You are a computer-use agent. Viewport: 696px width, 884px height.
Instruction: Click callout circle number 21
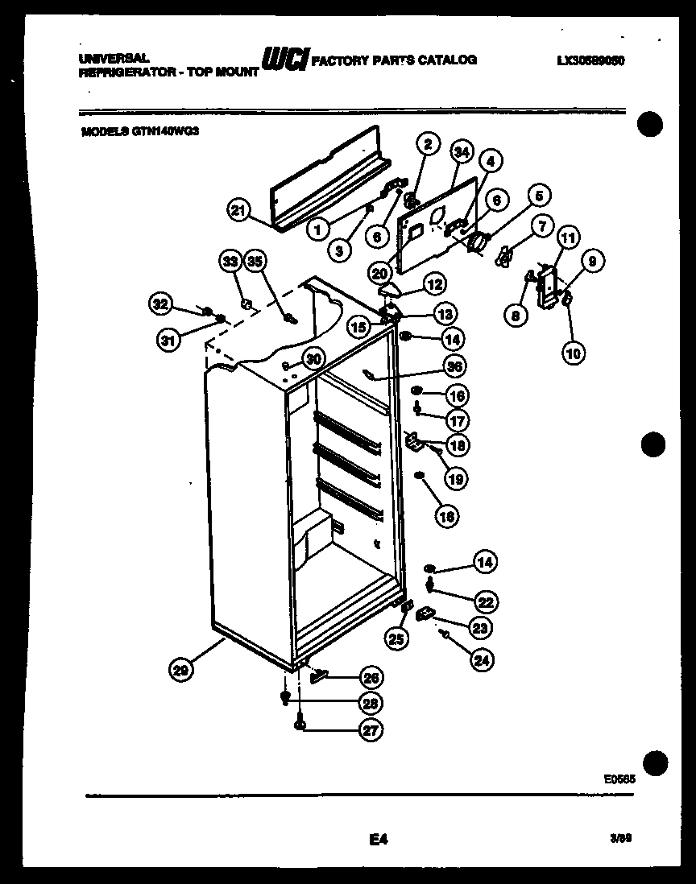click(237, 212)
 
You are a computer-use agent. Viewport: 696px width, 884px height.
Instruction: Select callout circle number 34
click(461, 151)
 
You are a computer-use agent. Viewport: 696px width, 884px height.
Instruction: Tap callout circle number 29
click(181, 669)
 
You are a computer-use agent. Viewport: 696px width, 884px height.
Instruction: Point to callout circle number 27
click(371, 730)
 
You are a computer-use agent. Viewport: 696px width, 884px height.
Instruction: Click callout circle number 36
click(457, 366)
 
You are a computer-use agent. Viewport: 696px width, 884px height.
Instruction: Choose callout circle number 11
click(568, 238)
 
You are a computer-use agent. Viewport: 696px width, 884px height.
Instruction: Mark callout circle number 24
click(481, 661)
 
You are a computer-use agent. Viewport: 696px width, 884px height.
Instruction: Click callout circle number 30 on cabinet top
click(313, 359)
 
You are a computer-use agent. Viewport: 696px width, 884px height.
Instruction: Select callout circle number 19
click(455, 479)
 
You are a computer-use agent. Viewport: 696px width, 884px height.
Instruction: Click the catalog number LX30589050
click(590, 60)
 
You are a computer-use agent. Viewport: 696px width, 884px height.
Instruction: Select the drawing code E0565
click(618, 779)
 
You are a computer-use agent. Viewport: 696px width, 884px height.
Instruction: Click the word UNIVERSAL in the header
click(114, 59)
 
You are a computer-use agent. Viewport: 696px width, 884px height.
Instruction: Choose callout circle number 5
click(539, 195)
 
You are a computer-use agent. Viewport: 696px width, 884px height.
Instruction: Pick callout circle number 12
click(435, 283)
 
